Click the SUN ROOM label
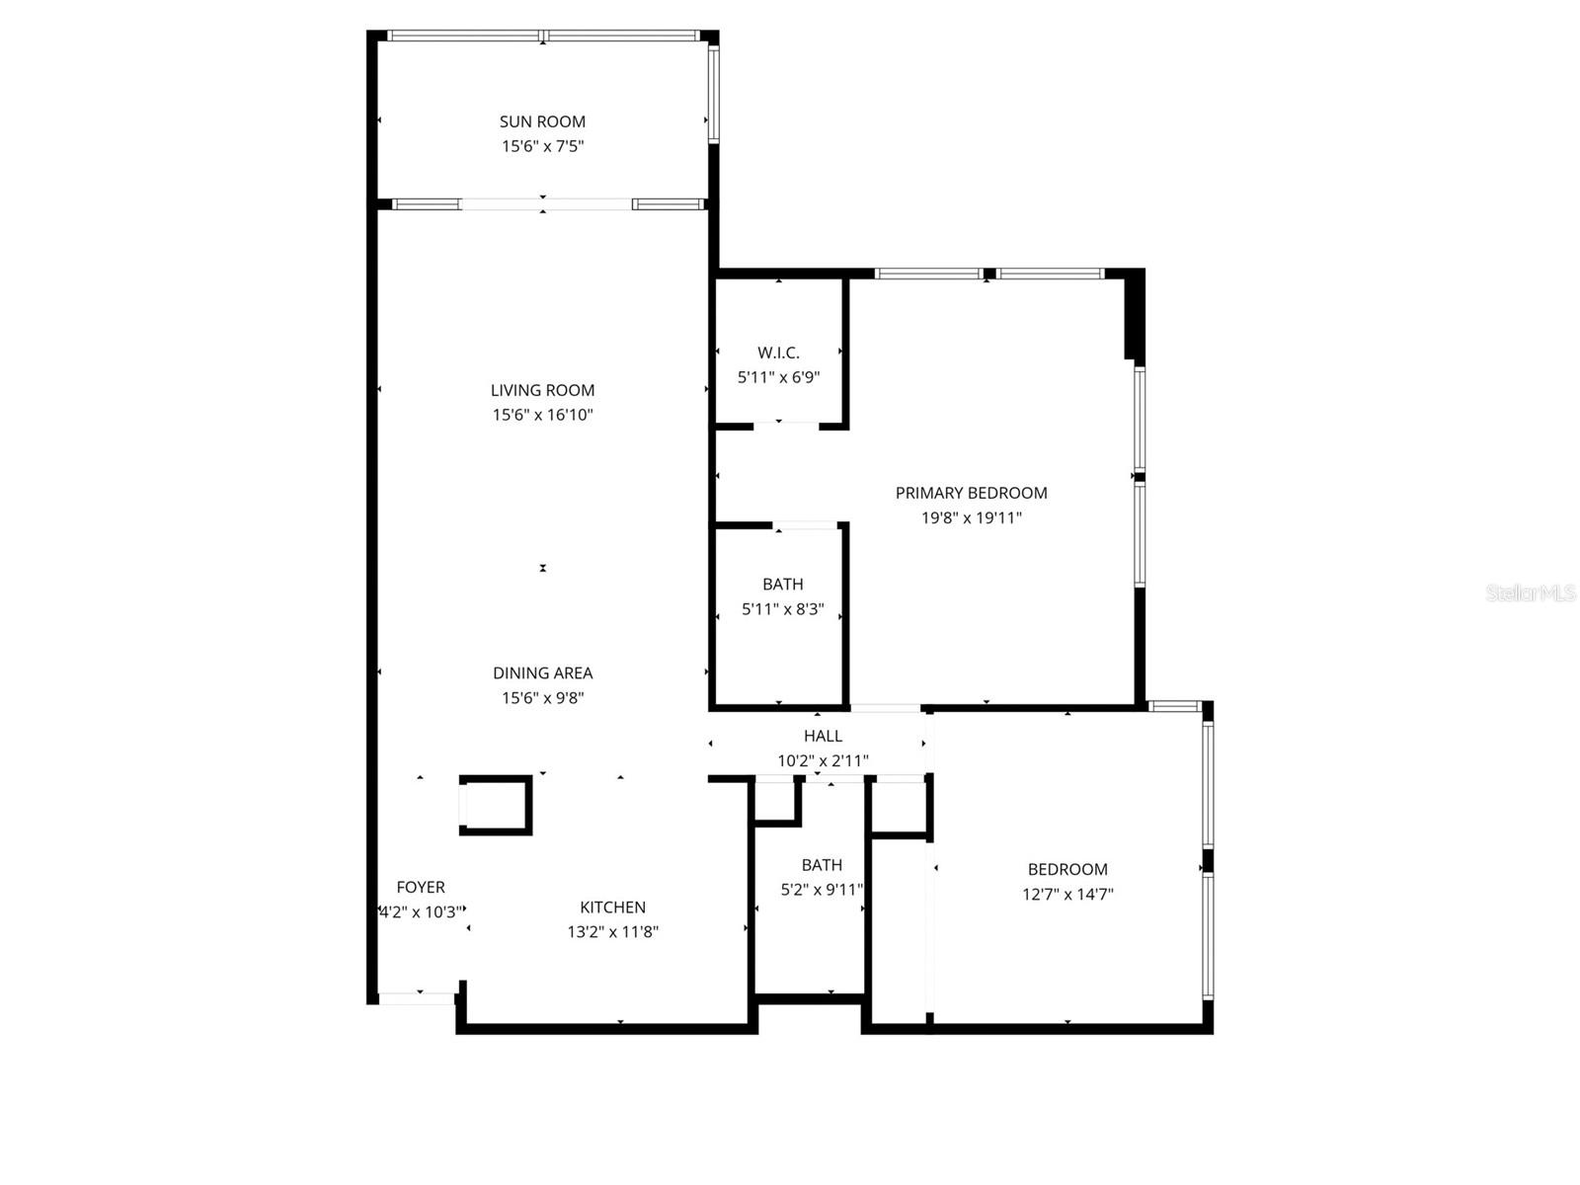pos(542,121)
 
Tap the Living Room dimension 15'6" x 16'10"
pos(542,415)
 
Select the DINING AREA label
pos(542,672)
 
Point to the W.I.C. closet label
pos(778,353)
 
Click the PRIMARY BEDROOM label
pos(971,493)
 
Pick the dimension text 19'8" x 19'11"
pos(971,517)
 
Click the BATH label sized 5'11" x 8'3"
pos(782,585)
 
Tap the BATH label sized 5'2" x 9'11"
pos(822,865)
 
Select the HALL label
pos(823,736)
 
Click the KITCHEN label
pos(612,907)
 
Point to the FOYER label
pos(421,887)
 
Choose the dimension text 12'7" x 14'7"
pos(1067,895)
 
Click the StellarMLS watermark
pos(1530,593)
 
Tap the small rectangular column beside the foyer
pos(496,805)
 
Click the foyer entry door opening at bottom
pos(418,998)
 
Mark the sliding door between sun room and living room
pos(545,204)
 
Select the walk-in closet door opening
pos(785,426)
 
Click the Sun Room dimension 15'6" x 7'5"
pos(542,146)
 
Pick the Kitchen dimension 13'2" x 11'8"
pos(612,931)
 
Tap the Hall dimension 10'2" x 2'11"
pos(823,760)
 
